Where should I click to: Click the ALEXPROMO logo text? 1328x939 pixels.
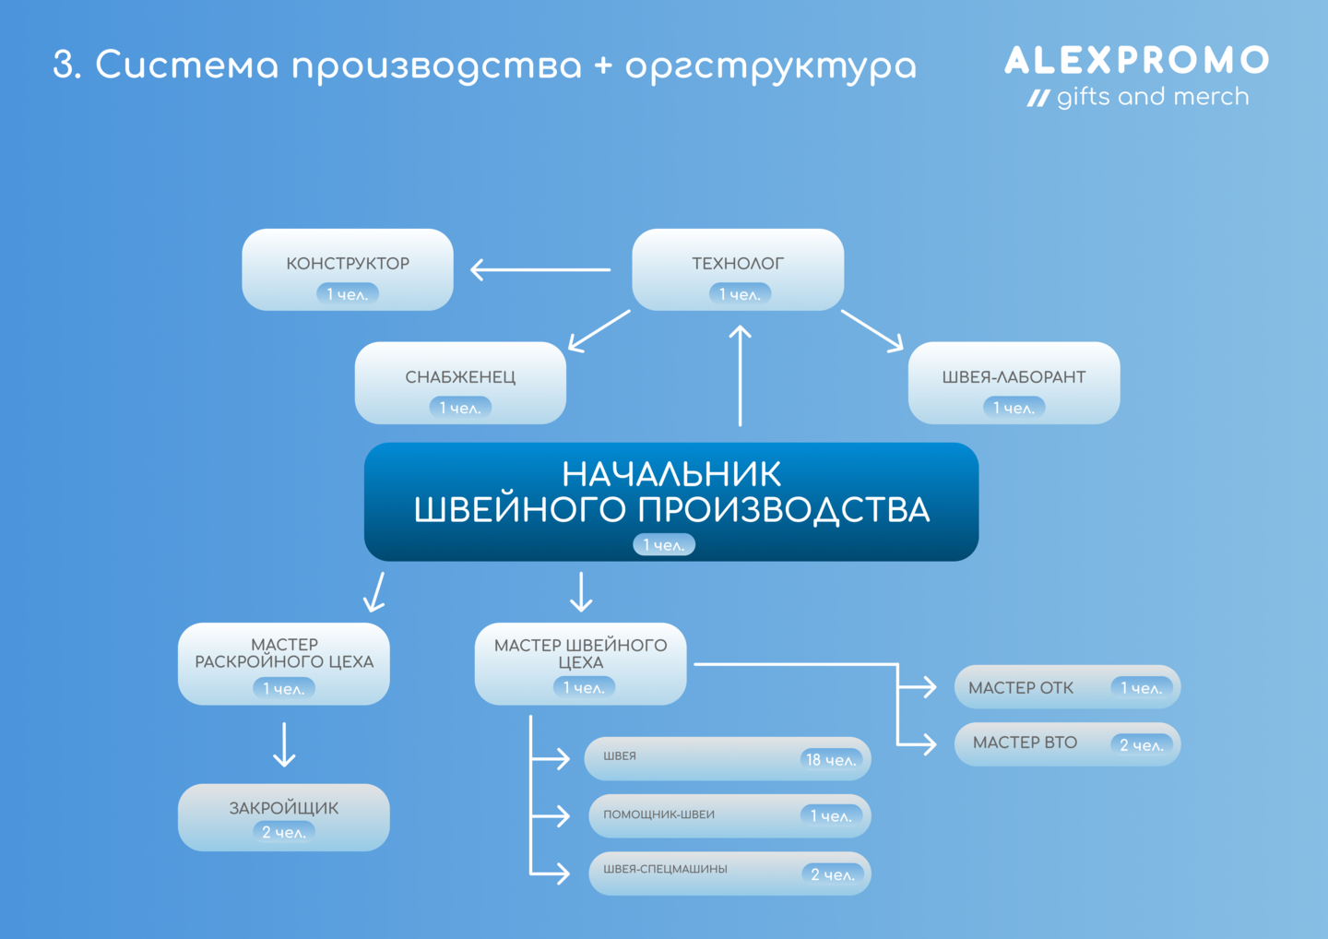(x=1136, y=61)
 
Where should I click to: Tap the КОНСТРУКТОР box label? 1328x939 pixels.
(x=348, y=263)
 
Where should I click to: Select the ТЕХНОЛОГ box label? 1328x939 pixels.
(x=738, y=263)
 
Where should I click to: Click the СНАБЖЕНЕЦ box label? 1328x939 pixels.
(x=460, y=377)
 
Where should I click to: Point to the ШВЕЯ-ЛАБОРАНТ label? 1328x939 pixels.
(x=1014, y=377)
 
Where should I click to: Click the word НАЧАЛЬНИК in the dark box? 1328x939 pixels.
(x=671, y=474)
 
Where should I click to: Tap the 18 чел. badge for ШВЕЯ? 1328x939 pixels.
(x=831, y=759)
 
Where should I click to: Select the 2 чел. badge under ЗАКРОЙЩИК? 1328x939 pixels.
(x=284, y=832)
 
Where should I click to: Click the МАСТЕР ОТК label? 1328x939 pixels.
(x=1021, y=688)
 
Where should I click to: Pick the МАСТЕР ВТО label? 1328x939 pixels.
(x=1026, y=743)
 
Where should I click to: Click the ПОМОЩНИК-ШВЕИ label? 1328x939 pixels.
(x=658, y=814)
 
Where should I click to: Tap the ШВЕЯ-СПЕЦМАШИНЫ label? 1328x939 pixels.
(x=665, y=869)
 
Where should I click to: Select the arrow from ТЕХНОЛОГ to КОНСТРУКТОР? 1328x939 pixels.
(x=540, y=269)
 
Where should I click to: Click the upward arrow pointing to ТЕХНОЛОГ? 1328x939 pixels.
(x=740, y=375)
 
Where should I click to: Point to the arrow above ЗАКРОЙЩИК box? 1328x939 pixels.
(x=284, y=744)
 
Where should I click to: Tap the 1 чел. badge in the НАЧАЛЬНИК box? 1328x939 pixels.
(x=664, y=545)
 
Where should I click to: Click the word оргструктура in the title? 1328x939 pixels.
(x=771, y=66)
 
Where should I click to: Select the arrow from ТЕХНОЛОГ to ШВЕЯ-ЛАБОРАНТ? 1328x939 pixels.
(x=872, y=331)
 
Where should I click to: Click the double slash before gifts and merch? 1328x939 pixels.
(x=1038, y=99)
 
